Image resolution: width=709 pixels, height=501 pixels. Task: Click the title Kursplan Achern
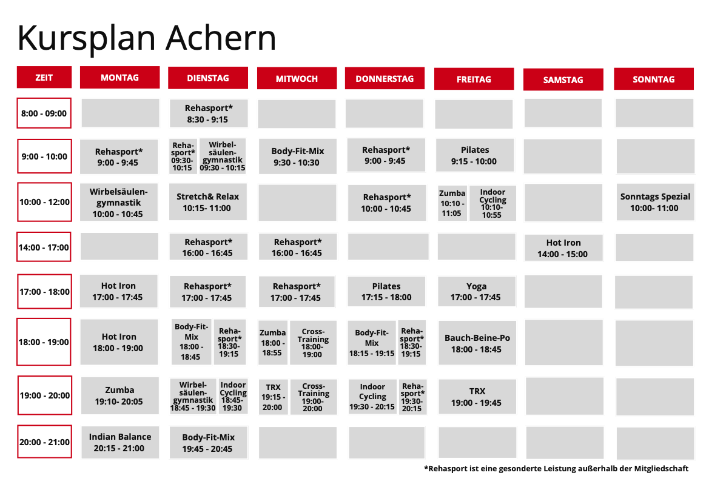tap(147, 38)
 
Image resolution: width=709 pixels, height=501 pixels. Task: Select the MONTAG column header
tap(120, 77)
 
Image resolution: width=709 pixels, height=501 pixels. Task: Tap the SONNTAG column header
tap(653, 79)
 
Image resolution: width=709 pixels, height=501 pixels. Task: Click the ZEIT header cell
tap(44, 77)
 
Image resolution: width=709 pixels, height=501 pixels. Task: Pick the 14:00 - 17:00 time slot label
tap(44, 247)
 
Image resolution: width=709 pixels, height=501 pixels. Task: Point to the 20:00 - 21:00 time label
tap(44, 442)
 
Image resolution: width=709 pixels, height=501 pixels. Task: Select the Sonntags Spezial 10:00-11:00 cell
tap(655, 202)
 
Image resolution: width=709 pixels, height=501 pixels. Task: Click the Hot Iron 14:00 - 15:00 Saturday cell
tap(563, 248)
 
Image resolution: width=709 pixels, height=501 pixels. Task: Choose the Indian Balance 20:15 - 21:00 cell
tap(120, 442)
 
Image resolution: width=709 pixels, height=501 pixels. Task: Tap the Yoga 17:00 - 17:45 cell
tap(477, 292)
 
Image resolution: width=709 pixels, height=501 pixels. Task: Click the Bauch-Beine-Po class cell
tap(477, 343)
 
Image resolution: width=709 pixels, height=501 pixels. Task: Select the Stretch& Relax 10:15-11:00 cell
tap(207, 201)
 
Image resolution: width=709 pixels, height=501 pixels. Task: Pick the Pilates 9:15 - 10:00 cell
tap(475, 155)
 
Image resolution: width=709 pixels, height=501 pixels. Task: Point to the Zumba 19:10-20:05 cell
tap(120, 395)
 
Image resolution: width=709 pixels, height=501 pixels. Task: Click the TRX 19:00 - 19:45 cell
tap(477, 397)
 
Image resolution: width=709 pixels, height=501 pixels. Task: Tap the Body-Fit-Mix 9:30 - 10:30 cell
tap(298, 156)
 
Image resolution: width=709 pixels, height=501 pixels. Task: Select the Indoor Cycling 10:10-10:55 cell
tap(492, 203)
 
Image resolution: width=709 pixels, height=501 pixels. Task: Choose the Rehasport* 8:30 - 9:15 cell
tap(209, 113)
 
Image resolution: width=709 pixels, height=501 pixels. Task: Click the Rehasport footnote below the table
tap(556, 468)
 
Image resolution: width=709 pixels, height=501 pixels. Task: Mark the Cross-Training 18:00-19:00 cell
tap(313, 343)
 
